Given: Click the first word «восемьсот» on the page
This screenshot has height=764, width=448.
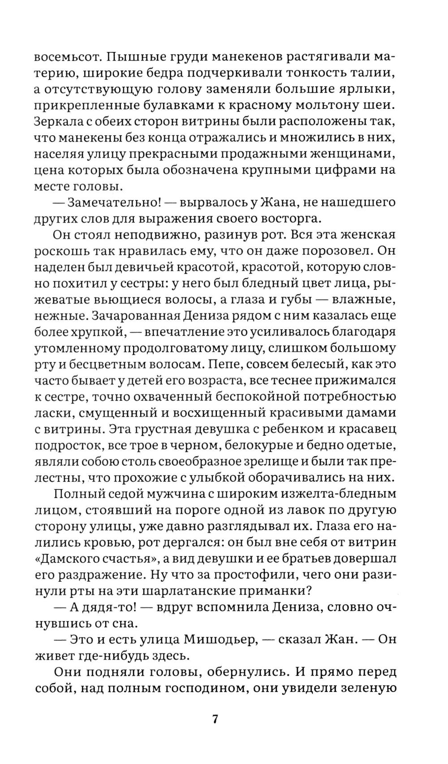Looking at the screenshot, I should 64,58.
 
